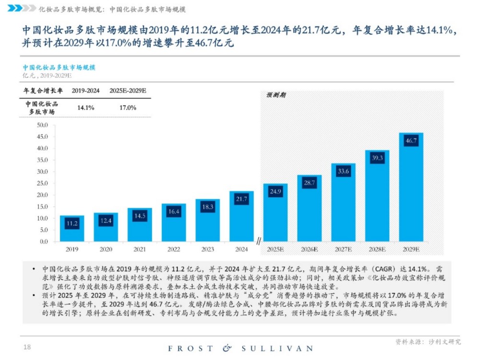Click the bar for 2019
pos(72,229)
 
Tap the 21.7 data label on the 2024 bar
pos(241,199)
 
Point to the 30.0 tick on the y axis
pos(42,171)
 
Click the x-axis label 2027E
pos(343,249)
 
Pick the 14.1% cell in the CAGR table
pos(85,108)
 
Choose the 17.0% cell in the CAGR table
pos(128,108)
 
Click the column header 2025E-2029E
pos(128,91)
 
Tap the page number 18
pos(27,347)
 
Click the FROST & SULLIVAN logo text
pos(240,348)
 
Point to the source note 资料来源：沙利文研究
pos(428,342)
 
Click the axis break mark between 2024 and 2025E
pos(259,240)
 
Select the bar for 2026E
pos(309,211)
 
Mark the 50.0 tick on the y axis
pos(42,125)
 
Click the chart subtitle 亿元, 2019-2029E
pos(47,75)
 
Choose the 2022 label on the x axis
pos(174,249)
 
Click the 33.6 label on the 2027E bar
pos(343,171)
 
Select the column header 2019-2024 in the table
pos(85,91)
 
